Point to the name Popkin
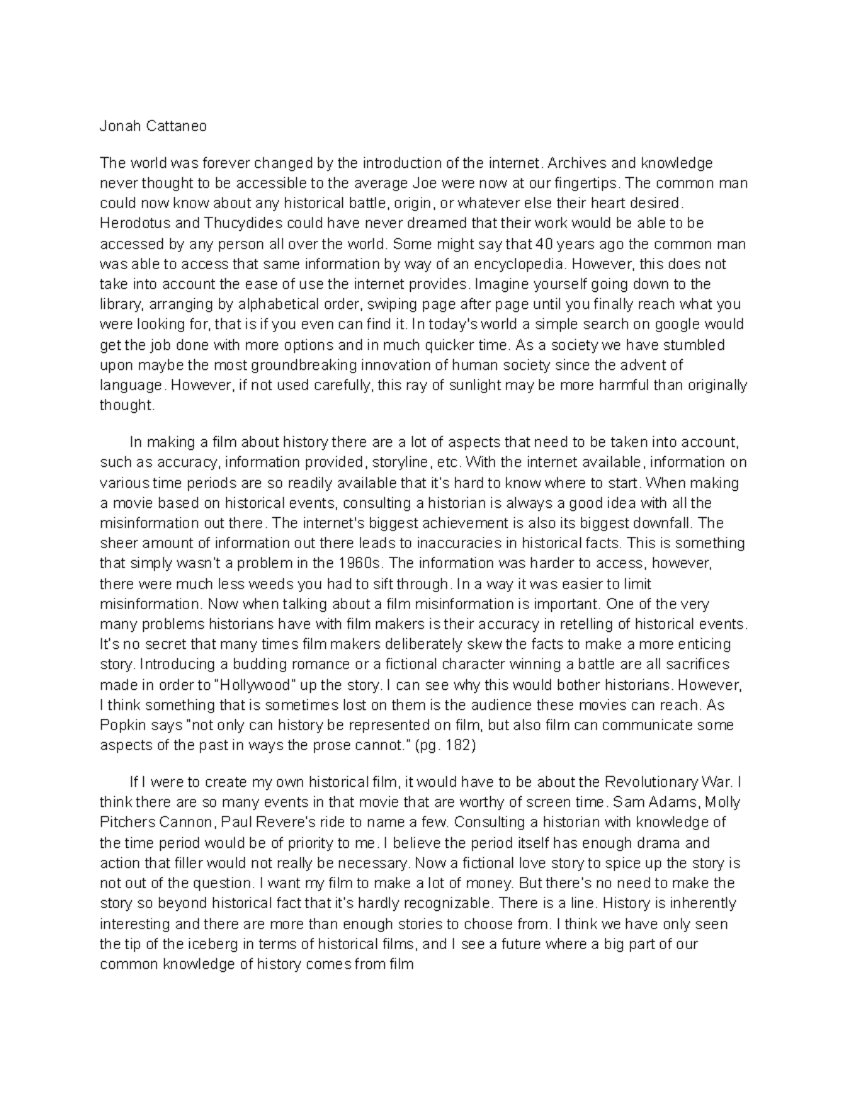121,726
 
